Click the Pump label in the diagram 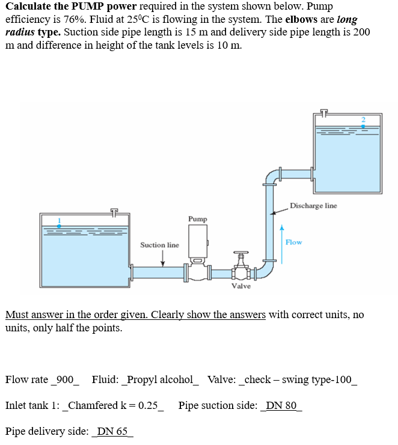click(x=197, y=219)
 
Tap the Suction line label click(x=159, y=245)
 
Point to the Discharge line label click(x=313, y=206)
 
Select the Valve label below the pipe click(x=241, y=286)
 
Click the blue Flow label click(x=294, y=242)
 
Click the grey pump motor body click(x=197, y=242)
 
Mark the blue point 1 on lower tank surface click(x=59, y=225)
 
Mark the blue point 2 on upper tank click(x=363, y=124)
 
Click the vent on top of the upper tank click(x=325, y=112)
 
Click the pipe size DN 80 click(x=281, y=405)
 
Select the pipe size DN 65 click(x=112, y=431)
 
